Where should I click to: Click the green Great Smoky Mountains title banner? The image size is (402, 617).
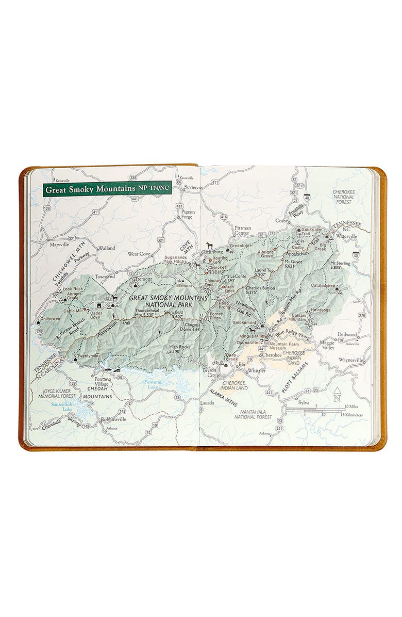(x=107, y=189)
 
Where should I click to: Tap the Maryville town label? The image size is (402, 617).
(x=60, y=244)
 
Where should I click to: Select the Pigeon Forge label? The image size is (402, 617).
(x=188, y=214)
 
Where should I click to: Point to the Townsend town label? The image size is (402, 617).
(x=105, y=277)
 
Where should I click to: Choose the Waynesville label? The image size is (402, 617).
(x=351, y=360)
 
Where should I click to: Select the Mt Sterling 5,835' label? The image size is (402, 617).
(x=340, y=266)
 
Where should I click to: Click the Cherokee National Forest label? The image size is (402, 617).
(x=343, y=197)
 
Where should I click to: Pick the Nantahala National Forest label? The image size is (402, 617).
(x=253, y=414)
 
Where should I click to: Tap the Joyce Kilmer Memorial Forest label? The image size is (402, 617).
(x=58, y=393)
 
